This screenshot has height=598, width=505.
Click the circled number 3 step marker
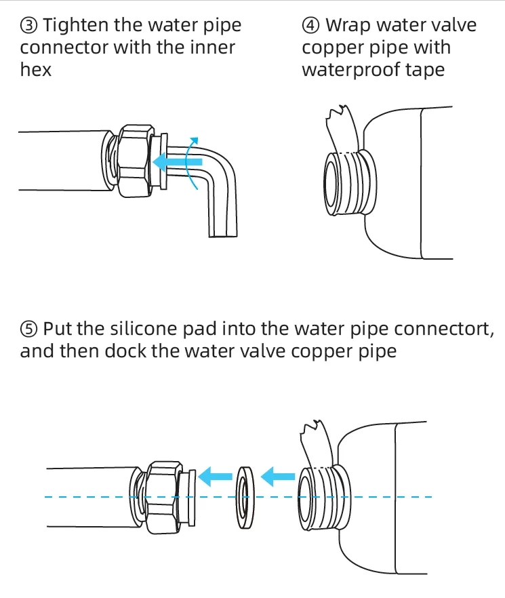28,26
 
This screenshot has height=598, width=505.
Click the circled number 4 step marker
310,26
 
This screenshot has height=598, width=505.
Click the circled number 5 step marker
28,330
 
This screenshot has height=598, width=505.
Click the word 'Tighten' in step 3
73,26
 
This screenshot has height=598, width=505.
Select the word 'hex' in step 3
35,70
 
